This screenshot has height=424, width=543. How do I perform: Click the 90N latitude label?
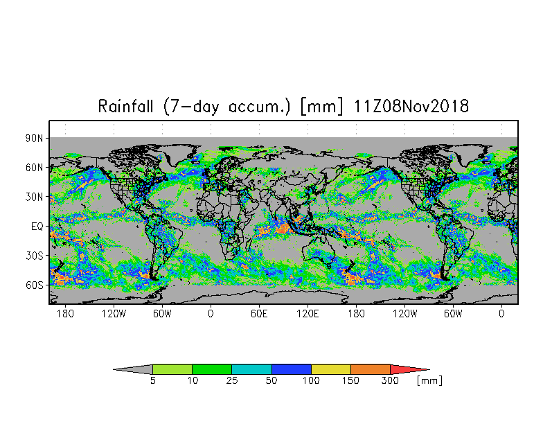35,139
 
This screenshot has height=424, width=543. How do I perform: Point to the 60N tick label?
35,168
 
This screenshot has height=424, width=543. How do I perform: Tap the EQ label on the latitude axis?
37,227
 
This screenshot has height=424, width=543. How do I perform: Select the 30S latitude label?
35,256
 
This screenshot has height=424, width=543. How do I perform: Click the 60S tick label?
35,285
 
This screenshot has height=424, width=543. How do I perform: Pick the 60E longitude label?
259,314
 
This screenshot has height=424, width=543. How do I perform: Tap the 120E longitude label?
308,314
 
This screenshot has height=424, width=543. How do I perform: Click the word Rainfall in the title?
125,106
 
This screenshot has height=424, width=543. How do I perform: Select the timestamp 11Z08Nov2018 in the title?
411,106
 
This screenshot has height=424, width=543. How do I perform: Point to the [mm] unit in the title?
321,107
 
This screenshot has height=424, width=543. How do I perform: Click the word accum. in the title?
259,107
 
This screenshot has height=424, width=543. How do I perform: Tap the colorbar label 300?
390,381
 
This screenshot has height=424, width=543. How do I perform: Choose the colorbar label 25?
231,381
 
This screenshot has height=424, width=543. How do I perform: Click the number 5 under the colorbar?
152,381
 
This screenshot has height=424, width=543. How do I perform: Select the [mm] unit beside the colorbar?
429,381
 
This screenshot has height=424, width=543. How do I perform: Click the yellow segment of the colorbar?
331,369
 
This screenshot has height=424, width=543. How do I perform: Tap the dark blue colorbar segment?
291,369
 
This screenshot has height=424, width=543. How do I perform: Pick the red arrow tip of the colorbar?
429,370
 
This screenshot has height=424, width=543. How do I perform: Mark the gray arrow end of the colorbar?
114,370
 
